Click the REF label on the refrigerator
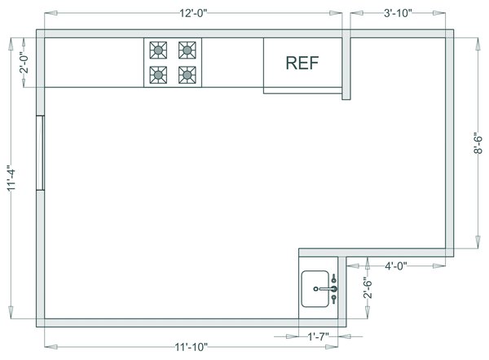(x=302, y=64)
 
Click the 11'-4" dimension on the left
(x=11, y=180)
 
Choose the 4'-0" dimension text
(x=396, y=266)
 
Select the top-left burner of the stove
(x=157, y=50)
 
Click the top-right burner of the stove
(x=187, y=50)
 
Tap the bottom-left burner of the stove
(x=157, y=75)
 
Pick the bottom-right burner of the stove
(x=187, y=75)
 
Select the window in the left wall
(x=40, y=152)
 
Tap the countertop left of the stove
(x=94, y=63)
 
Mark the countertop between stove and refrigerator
(x=231, y=63)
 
